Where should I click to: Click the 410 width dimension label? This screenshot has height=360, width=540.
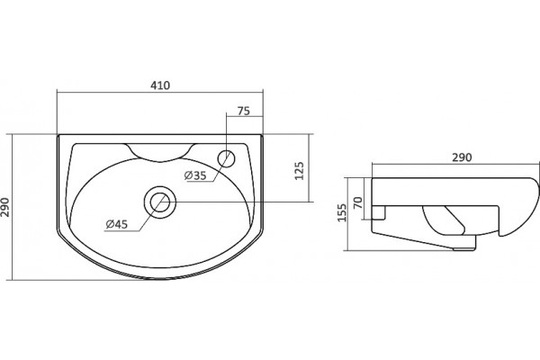click(x=160, y=85)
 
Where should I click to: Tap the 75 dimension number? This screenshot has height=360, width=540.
click(x=244, y=112)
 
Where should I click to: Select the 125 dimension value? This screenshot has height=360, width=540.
click(x=300, y=170)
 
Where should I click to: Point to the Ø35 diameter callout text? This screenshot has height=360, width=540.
click(x=195, y=175)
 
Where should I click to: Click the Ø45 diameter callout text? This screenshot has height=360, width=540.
click(x=117, y=224)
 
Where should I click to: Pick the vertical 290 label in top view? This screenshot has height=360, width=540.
click(x=4, y=207)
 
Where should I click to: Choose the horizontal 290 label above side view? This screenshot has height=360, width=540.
click(x=462, y=157)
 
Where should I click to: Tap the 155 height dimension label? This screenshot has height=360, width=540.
click(x=342, y=212)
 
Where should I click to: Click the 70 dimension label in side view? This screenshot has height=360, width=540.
click(x=358, y=202)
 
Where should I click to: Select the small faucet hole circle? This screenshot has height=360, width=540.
click(x=226, y=158)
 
